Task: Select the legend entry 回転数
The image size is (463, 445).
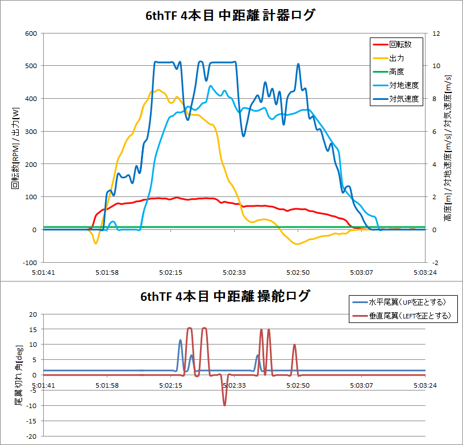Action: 400,44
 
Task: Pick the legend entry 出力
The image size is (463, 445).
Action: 397,58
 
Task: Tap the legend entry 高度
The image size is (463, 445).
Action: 397,72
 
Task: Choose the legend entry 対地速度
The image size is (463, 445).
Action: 403,86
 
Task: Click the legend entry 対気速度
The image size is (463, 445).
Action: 403,99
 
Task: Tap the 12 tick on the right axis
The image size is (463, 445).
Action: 436,33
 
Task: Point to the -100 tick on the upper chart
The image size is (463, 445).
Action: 27,263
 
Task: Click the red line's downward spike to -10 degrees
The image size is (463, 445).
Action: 224,405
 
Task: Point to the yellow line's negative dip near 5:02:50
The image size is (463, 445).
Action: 297,244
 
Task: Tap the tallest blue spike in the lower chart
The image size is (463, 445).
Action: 181,341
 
